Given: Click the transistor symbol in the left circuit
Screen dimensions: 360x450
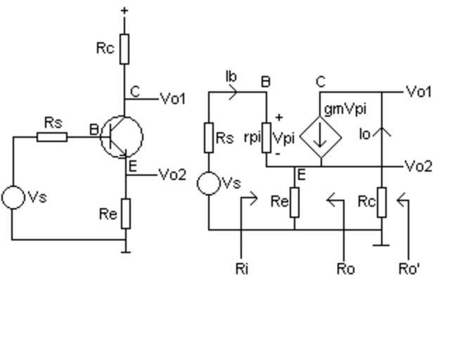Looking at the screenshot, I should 121,136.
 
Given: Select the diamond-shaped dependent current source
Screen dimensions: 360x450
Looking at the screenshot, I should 321,136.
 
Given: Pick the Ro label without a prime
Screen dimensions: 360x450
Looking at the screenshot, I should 345,269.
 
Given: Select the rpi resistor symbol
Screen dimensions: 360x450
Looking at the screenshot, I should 266,138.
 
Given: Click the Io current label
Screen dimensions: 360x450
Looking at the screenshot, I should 364,134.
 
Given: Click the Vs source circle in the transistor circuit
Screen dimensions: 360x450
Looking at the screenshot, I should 13,198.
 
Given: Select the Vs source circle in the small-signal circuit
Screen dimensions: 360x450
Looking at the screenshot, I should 209,184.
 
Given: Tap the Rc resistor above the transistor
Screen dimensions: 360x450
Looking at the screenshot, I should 124,48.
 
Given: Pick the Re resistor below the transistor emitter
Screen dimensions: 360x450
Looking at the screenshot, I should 126,214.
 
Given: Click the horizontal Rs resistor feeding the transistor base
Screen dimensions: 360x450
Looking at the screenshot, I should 52,136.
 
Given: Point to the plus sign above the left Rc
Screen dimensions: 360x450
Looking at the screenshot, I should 124,10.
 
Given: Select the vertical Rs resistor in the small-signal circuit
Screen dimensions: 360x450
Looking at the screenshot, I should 209,138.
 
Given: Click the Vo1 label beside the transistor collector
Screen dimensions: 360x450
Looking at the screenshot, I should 173,99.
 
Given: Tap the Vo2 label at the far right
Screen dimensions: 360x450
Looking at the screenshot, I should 419,167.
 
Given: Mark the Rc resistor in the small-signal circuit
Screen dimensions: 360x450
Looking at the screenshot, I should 382,202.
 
